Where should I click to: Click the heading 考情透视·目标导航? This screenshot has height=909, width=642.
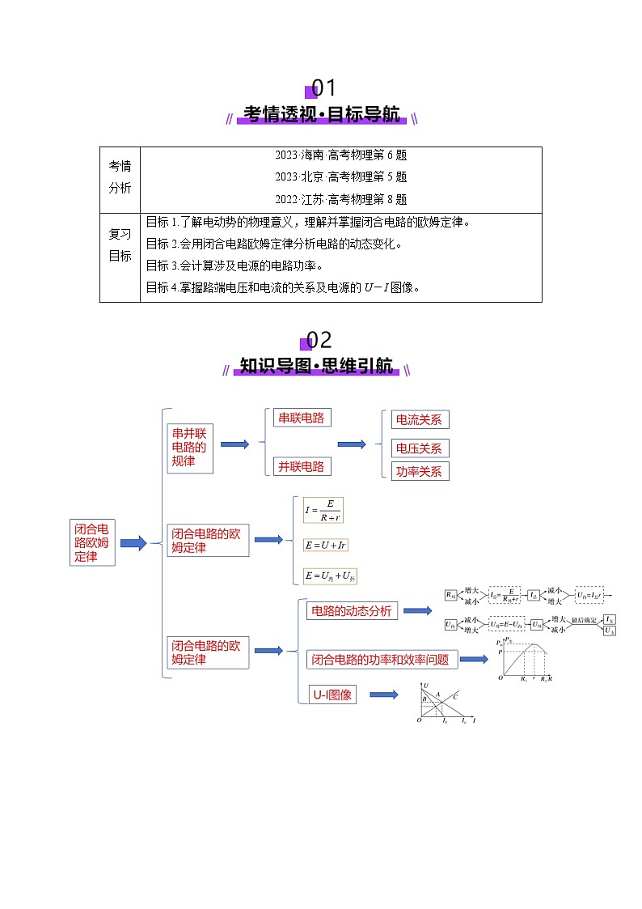tap(321, 115)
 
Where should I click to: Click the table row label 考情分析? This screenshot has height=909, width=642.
tap(120, 176)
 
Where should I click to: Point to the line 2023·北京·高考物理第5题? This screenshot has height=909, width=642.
tap(340, 176)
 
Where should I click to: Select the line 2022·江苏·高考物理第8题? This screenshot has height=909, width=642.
tap(340, 198)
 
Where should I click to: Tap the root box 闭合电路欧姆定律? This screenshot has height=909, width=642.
tap(91, 542)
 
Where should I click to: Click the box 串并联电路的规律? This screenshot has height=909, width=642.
tap(189, 447)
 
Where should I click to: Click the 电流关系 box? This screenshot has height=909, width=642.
tap(419, 420)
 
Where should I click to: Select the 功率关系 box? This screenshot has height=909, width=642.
tap(419, 471)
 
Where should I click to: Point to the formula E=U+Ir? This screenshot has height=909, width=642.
tap(325, 546)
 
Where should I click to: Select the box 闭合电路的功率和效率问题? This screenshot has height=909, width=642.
tap(380, 660)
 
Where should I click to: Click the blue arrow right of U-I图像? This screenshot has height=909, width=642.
tap(383, 694)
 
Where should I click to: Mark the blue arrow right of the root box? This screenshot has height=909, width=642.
tap(133, 543)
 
